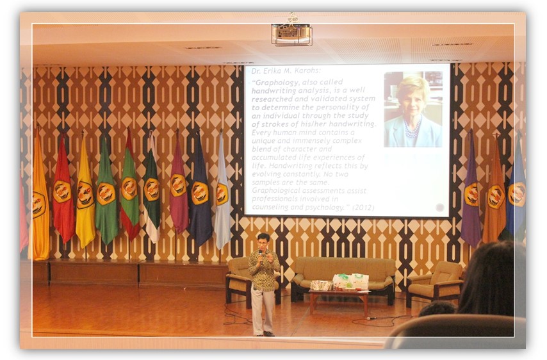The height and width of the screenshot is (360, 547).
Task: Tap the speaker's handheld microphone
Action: point(261,255)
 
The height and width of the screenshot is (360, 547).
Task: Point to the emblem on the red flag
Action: point(62,192)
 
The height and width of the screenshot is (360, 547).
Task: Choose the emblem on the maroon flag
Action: point(177,185)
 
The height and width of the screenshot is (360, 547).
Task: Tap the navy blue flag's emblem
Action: point(200,192)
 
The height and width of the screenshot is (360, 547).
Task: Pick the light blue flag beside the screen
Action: point(222,192)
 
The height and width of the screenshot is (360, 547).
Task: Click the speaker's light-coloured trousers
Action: point(263,310)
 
